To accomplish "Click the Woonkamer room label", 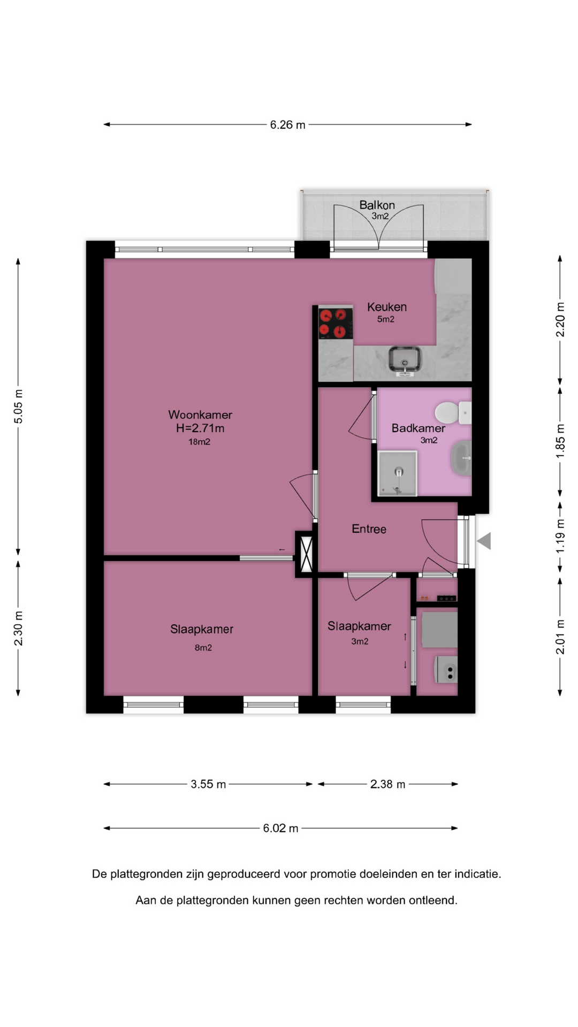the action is tap(200, 415).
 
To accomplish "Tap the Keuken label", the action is tap(387, 307).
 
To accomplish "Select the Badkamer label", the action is tap(418, 428).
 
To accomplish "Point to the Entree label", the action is tap(369, 529).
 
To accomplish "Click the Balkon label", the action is tap(377, 205).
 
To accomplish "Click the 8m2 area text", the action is tap(203, 648).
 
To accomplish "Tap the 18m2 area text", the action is tap(199, 442).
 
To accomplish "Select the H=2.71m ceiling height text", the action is tap(200, 428).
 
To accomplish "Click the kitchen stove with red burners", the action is tap(336, 323).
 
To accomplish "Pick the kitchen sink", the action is tap(405, 359).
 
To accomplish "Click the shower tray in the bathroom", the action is tap(397, 473).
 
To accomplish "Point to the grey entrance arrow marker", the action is tap(484, 541).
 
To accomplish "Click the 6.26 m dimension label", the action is tap(287, 125).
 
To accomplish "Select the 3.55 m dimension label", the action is tap(208, 784).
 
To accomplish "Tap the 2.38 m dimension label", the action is tap(388, 784).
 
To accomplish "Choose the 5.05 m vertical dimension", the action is tap(19, 407).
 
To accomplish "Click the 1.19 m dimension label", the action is tap(560, 537).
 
